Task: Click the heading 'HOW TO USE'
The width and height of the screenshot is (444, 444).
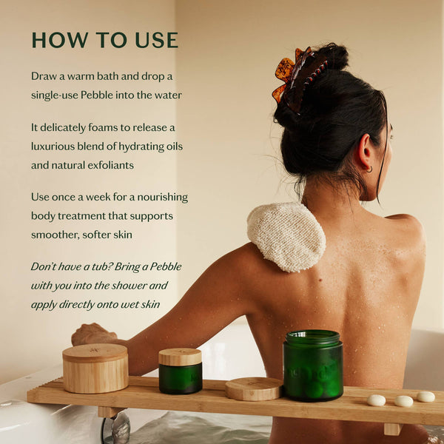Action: pyautogui.click(x=104, y=39)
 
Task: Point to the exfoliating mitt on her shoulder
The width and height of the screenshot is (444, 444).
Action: pyautogui.click(x=286, y=236)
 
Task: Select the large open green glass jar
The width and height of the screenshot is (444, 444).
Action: pyautogui.click(x=312, y=366)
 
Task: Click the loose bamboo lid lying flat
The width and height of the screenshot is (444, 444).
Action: pyautogui.click(x=254, y=388)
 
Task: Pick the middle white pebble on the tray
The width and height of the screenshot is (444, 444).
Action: pyautogui.click(x=403, y=401)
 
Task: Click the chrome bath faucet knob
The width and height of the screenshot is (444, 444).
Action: pyautogui.click(x=119, y=427)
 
